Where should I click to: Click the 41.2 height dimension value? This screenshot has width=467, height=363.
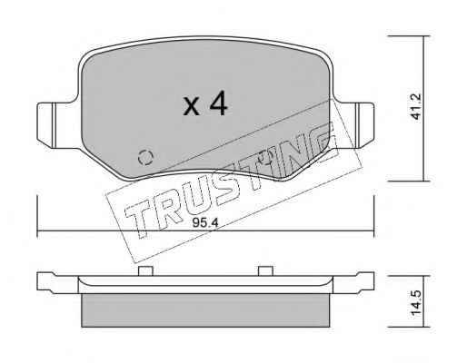click(x=416, y=106)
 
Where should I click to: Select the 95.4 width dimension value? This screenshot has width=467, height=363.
click(x=205, y=223)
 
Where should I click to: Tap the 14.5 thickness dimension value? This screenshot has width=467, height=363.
click(x=416, y=303)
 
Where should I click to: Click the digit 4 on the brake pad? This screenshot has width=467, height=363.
click(x=218, y=103)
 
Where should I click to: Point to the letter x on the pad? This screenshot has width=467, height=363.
click(x=192, y=106)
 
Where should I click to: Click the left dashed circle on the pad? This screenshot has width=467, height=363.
click(x=145, y=158)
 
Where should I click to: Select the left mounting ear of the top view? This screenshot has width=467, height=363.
click(x=57, y=125)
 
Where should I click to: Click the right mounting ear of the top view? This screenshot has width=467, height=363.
click(x=354, y=125)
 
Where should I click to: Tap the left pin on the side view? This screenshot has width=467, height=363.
click(x=145, y=271)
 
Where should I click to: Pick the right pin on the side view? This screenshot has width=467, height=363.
click(x=265, y=271)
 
